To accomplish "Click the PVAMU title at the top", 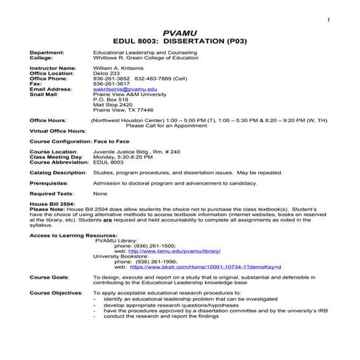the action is pos(180,33).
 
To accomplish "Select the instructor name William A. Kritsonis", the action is pos(120,68).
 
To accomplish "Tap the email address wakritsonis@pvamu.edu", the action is pos(125,88).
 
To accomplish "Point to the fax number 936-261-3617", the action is pos(112,83).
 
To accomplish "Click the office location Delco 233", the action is pos(108,73).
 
